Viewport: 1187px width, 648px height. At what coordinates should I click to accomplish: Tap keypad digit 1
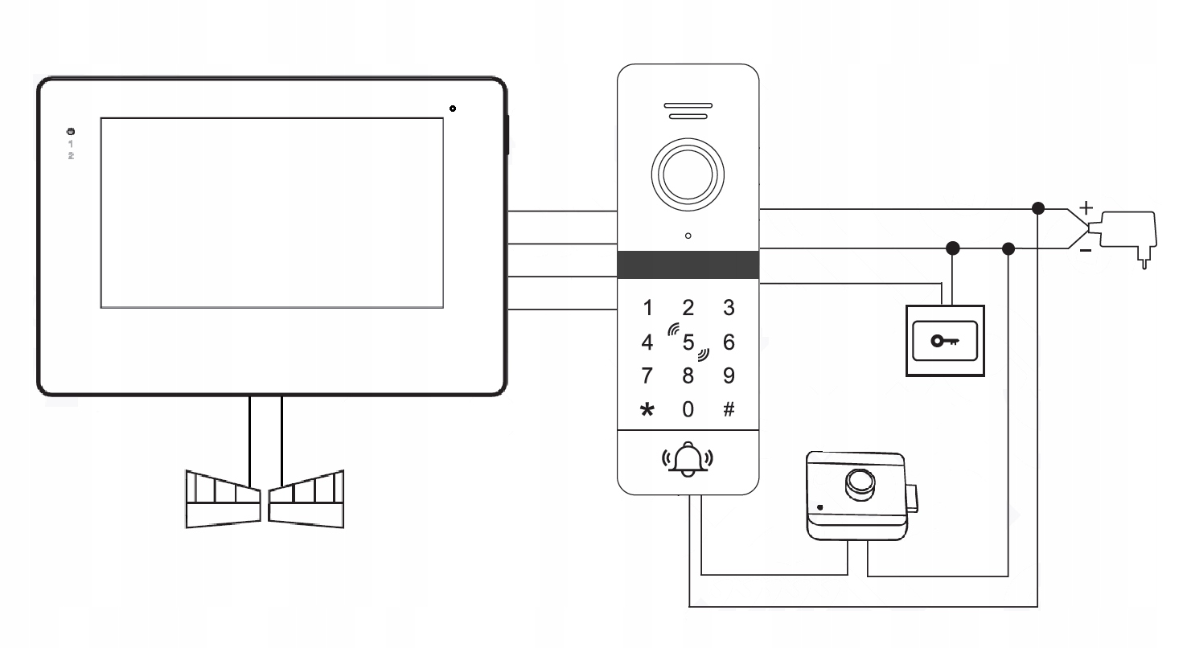click(x=647, y=307)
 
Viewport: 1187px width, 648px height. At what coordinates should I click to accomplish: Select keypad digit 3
click(x=729, y=307)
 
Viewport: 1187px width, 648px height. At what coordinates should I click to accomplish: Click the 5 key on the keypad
click(x=688, y=342)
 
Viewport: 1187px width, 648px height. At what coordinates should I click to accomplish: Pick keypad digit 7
click(x=647, y=375)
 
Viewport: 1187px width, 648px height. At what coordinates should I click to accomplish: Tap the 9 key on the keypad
click(x=729, y=375)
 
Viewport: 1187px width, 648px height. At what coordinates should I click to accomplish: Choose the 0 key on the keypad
click(x=688, y=409)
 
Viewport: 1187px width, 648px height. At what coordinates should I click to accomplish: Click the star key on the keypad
click(x=647, y=410)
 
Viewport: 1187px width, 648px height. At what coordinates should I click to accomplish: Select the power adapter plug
click(x=1129, y=232)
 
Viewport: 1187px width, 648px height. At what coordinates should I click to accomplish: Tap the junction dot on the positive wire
click(x=1038, y=209)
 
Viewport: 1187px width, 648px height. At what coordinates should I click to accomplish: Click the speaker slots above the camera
click(x=688, y=111)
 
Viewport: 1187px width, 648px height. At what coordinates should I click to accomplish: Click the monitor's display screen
click(x=272, y=212)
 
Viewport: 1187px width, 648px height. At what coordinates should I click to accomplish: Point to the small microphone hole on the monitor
click(x=454, y=109)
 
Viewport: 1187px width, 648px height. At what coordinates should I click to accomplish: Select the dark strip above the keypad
click(x=688, y=265)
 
